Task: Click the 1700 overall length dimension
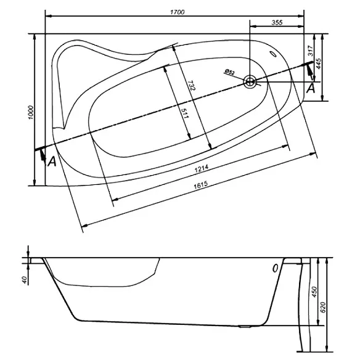click(178, 12)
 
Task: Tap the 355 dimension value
click(277, 22)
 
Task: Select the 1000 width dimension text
click(31, 112)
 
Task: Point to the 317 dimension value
click(311, 51)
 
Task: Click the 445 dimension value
click(319, 63)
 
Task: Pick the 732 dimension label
click(191, 86)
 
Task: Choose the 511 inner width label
click(184, 113)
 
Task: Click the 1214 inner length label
click(202, 168)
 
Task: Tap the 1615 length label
click(201, 185)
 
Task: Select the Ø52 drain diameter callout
click(230, 72)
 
